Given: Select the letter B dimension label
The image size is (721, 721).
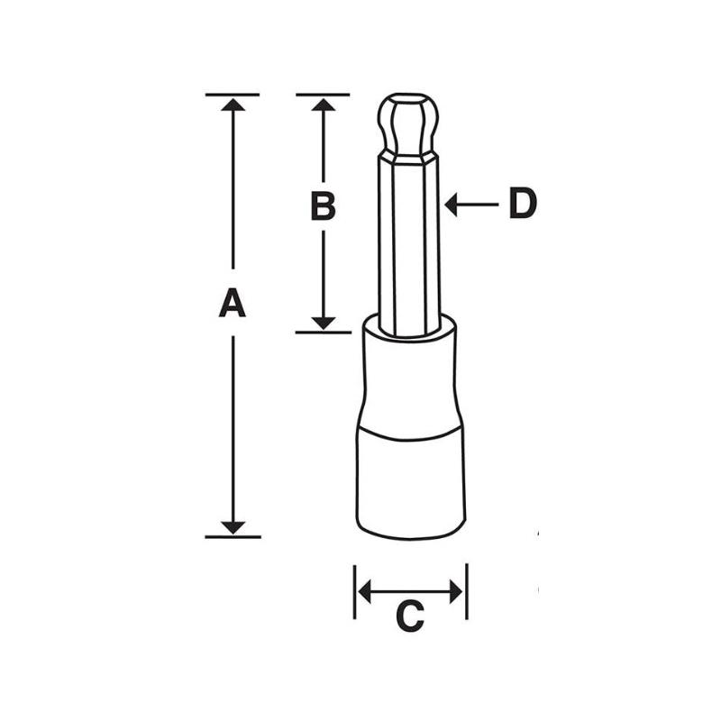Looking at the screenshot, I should pos(323,206).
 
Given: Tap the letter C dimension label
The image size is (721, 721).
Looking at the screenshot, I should pos(410,617).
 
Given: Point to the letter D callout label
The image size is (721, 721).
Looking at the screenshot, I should pos(522,205).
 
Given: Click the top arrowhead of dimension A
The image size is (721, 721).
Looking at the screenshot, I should pos(233,105).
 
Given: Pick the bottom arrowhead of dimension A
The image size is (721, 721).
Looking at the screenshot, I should pos(233,526).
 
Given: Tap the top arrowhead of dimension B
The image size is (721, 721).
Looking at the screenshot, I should pos(324,105).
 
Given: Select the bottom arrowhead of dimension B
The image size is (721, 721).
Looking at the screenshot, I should pos(324,322).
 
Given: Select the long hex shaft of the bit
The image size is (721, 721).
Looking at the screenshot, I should pos(408,243).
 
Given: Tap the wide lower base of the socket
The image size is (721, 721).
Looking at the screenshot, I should pos(410,482).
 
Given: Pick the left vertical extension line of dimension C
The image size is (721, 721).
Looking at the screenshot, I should pos(355,592).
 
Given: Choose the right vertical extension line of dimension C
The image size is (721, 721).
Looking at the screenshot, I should pos(467,592).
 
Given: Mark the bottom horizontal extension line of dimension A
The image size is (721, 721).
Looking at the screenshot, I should pos(233,537).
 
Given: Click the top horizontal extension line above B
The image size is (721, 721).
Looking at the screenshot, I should pos(323,94).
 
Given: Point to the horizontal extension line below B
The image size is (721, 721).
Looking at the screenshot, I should pos(323,333).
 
